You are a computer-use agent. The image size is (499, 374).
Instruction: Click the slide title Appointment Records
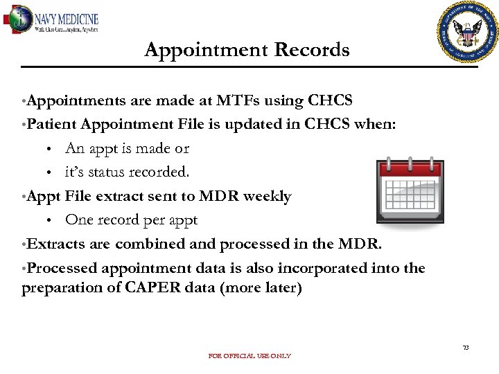(247, 50)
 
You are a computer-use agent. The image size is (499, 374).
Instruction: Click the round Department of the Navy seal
(469, 31)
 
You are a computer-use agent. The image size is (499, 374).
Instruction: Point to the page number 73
(466, 347)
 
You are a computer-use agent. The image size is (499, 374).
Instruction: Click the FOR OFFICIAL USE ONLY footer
(249, 356)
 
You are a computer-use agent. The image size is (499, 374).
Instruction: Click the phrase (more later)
(261, 287)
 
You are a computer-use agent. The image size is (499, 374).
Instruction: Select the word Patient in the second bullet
(52, 125)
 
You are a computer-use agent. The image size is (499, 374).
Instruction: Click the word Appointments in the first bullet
(76, 101)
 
